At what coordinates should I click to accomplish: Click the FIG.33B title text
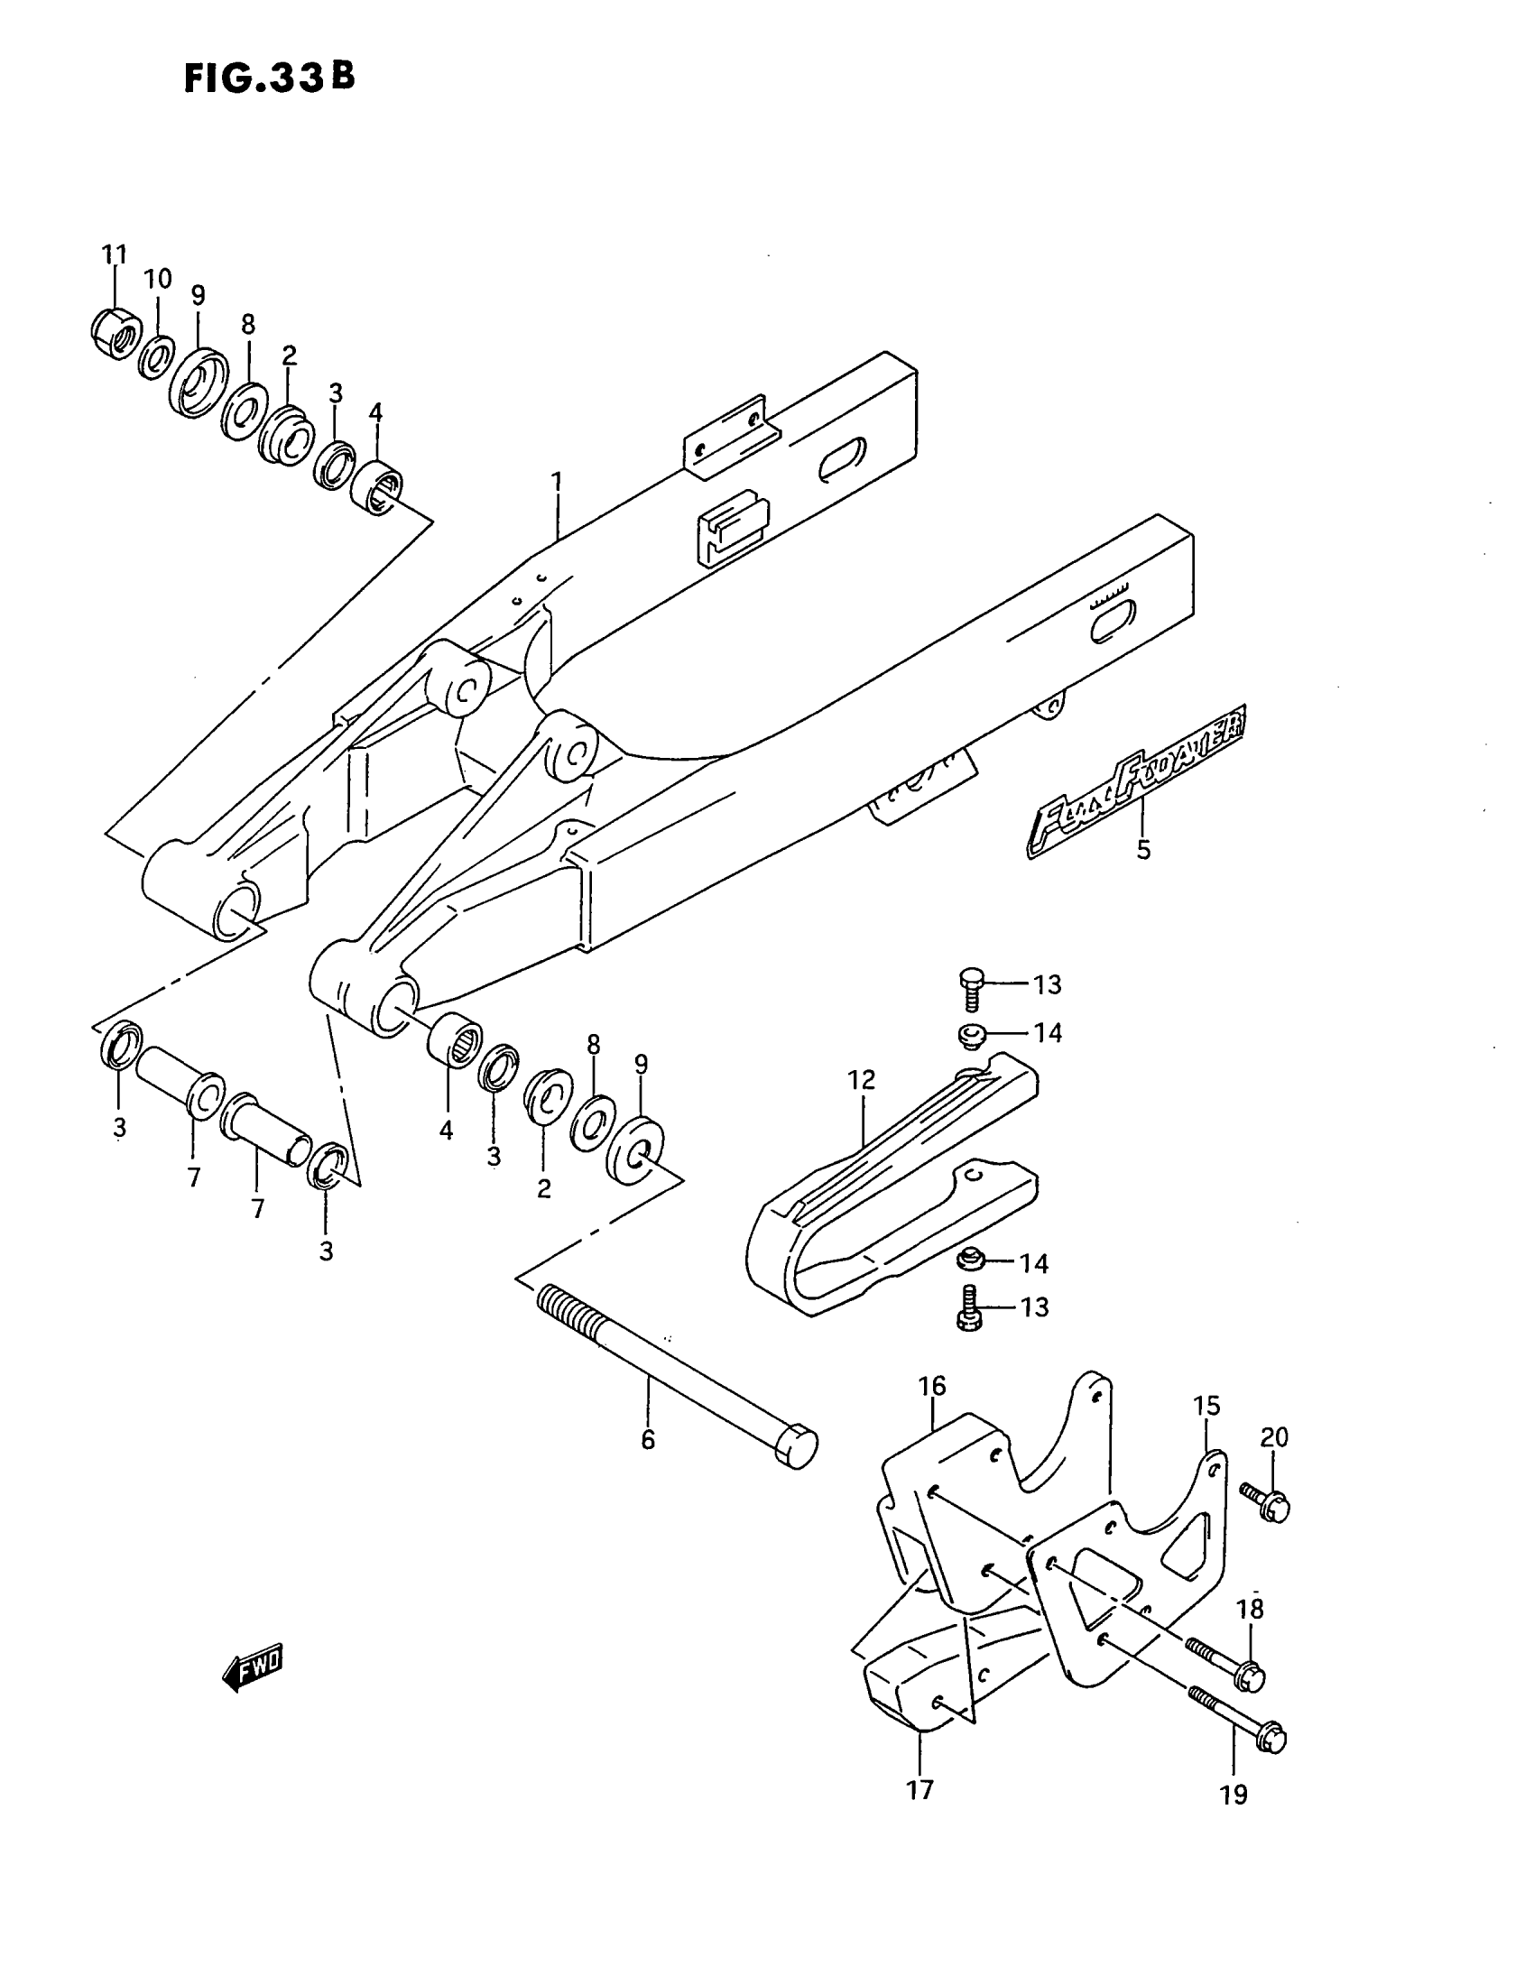(x=269, y=79)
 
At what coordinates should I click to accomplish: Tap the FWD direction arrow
(x=253, y=1665)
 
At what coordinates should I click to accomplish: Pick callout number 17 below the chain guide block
(x=919, y=1789)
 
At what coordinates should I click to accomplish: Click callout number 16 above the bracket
(x=931, y=1385)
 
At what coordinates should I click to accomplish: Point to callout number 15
(x=1206, y=1406)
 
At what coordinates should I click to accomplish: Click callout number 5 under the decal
(x=1143, y=850)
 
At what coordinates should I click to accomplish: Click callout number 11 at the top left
(x=114, y=254)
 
